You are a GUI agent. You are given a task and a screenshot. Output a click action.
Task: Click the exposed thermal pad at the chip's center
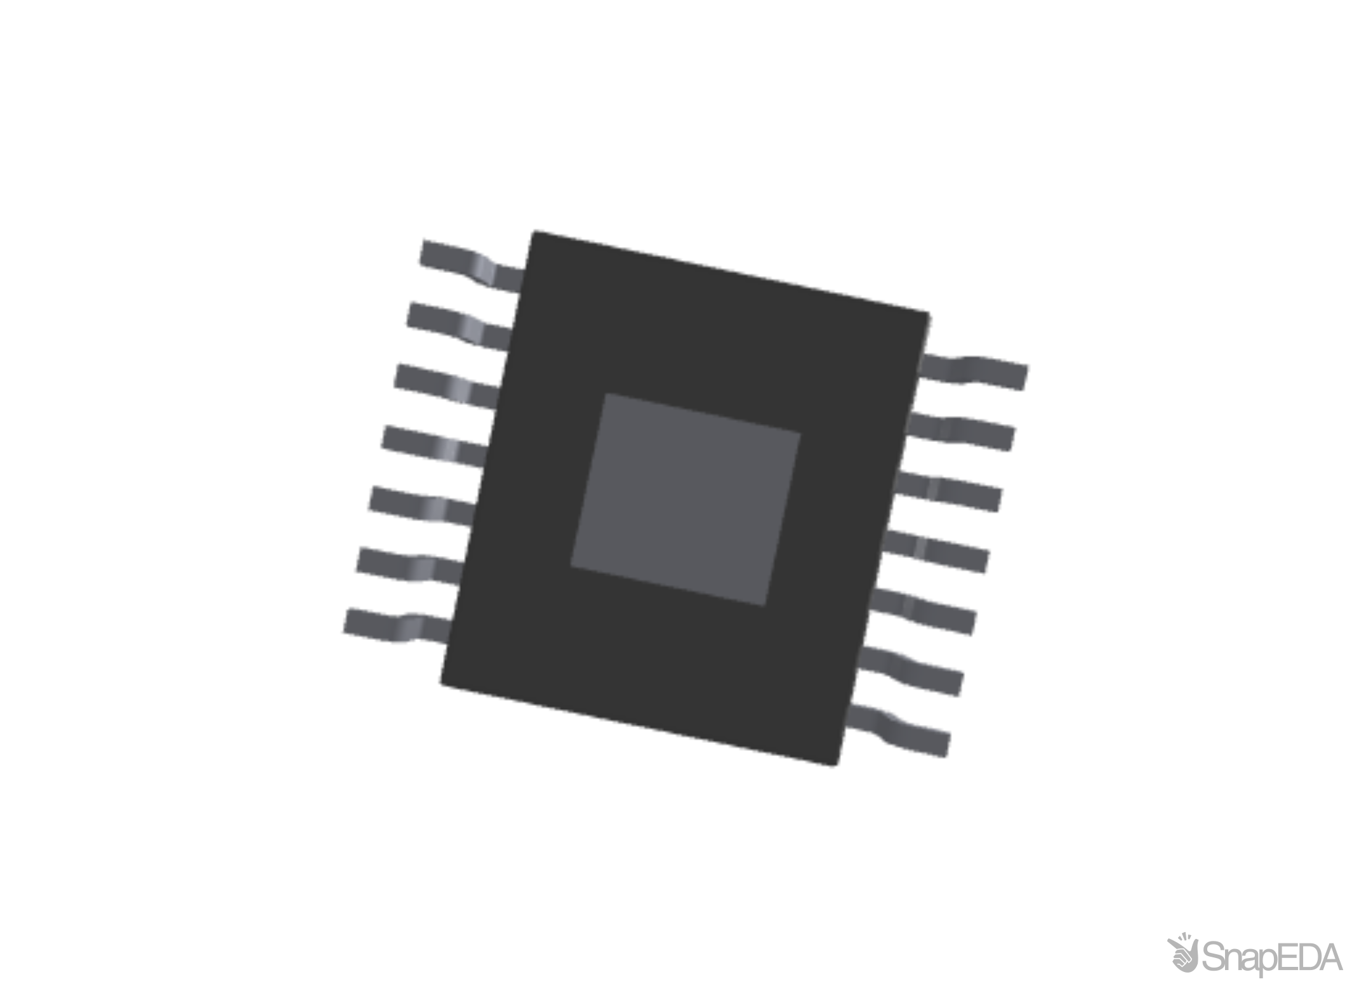[x=685, y=500]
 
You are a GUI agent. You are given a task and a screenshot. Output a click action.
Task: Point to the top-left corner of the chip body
[x=532, y=230]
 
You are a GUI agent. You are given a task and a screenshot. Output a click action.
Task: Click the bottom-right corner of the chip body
[x=838, y=767]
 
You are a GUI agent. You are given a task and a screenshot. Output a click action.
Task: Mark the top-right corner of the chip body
[x=931, y=312]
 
